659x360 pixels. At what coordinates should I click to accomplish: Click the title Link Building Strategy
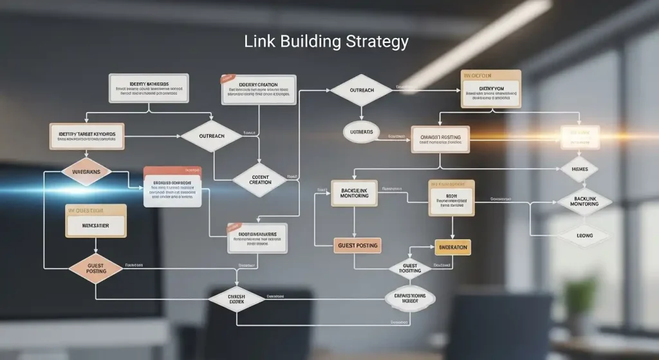click(326, 43)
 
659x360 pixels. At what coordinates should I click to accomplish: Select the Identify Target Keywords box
click(87, 135)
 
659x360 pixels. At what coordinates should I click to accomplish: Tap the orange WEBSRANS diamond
click(86, 172)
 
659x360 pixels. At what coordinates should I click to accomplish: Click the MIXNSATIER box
click(95, 226)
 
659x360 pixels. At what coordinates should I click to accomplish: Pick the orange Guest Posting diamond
click(96, 268)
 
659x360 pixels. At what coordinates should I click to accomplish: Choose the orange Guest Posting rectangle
click(357, 245)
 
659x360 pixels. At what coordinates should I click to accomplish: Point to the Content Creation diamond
click(260, 179)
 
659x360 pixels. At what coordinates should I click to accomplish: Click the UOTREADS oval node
click(361, 131)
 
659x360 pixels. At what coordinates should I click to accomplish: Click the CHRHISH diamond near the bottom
click(236, 298)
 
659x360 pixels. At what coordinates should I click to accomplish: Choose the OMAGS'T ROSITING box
click(440, 138)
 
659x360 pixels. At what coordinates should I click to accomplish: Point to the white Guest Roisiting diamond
click(410, 267)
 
